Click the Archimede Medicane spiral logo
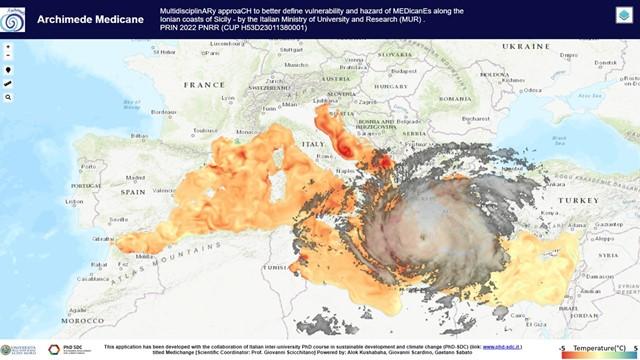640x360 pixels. click(15, 16)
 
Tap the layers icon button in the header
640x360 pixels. click(623, 14)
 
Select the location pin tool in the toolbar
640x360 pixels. click(9, 70)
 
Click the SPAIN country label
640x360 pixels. click(133, 190)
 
